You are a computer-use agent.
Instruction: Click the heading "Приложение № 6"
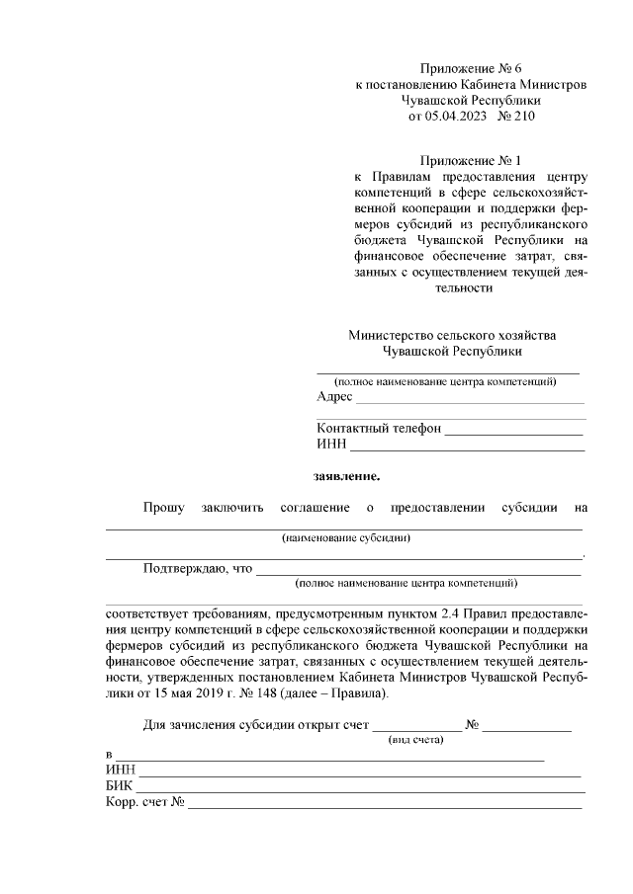470,68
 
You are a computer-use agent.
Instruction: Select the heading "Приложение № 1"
470,160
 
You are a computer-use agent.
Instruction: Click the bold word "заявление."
346,476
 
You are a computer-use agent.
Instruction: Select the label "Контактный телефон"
379,430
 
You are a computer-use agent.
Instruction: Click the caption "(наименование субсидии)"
345,538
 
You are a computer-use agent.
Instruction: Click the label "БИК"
120,785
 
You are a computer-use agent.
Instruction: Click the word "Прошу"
163,508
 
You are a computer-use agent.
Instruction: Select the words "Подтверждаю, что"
198,569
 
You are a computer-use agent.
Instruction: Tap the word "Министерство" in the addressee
395,335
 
